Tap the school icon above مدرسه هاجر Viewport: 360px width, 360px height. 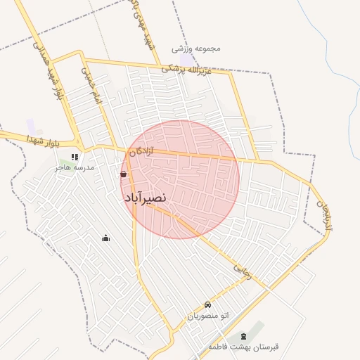(x=75, y=157)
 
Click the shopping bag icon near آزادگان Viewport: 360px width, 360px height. (x=124, y=174)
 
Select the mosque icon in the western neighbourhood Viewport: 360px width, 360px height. (x=106, y=238)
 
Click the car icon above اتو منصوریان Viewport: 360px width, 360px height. (x=207, y=304)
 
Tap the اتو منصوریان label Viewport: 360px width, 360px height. (x=207, y=316)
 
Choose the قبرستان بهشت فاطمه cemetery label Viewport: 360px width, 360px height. (x=243, y=347)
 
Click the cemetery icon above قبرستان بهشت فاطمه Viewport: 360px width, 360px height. (x=243, y=336)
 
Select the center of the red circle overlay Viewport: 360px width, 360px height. (x=180, y=179)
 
